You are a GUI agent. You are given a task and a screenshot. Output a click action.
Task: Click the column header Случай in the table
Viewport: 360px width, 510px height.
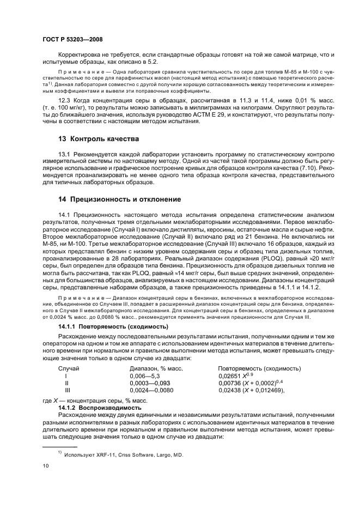click(69, 369)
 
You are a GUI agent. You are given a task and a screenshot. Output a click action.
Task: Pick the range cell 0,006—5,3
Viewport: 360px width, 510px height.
click(145, 376)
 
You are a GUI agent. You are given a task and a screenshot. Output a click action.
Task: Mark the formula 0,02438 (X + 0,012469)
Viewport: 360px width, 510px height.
click(252, 390)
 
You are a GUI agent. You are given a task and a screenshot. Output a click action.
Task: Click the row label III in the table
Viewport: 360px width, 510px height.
click(68, 390)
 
